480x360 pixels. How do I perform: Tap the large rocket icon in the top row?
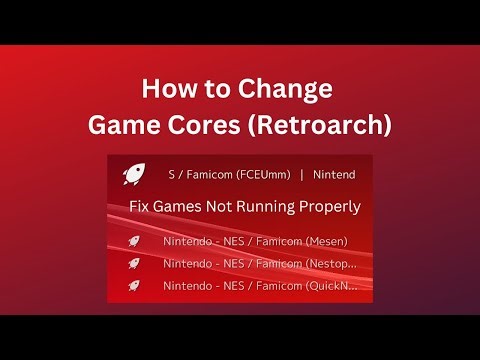tap(132, 175)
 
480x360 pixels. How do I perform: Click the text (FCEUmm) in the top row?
tap(258, 175)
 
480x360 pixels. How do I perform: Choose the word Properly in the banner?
tap(334, 208)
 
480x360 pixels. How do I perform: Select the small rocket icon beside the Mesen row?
tap(133, 241)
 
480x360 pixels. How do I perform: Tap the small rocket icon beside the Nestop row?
tap(133, 263)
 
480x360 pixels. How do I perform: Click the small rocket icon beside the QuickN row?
tap(133, 286)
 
